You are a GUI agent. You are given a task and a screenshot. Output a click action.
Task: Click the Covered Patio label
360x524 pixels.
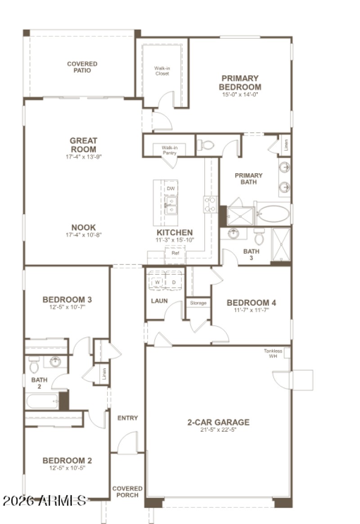click(x=82, y=67)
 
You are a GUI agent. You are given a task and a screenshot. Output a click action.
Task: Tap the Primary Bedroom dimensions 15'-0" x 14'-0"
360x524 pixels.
click(x=240, y=95)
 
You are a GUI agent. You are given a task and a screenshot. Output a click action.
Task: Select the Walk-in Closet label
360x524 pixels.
click(x=162, y=71)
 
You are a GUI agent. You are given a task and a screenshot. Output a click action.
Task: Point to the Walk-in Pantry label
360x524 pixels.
click(x=169, y=150)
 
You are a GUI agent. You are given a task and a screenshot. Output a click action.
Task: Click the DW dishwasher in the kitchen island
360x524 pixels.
click(x=171, y=188)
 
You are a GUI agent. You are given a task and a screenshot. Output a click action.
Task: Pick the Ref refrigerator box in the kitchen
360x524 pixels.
click(x=175, y=254)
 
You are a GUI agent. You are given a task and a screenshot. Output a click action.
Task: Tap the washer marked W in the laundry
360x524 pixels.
click(x=157, y=282)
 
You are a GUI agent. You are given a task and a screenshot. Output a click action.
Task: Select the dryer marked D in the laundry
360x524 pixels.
click(x=174, y=282)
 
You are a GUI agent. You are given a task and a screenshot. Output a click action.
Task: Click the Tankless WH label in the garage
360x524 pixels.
click(x=273, y=354)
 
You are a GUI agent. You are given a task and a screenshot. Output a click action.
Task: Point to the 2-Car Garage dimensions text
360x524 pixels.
click(x=218, y=430)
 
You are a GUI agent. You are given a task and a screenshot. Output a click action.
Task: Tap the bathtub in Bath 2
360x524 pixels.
click(x=42, y=401)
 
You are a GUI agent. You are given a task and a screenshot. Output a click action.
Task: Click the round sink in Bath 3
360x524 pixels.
click(x=233, y=234)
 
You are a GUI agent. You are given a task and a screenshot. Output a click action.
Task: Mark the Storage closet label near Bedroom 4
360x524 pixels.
click(x=198, y=303)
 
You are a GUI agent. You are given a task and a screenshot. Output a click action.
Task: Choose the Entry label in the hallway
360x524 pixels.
click(x=128, y=418)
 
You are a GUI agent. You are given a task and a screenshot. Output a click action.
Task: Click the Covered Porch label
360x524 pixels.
click(x=127, y=492)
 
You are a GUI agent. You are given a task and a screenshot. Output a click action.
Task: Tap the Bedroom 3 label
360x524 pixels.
click(x=67, y=299)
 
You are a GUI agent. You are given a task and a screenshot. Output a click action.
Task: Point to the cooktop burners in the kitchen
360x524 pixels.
click(x=210, y=204)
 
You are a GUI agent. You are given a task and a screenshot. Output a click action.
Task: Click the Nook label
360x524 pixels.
click(x=83, y=228)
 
